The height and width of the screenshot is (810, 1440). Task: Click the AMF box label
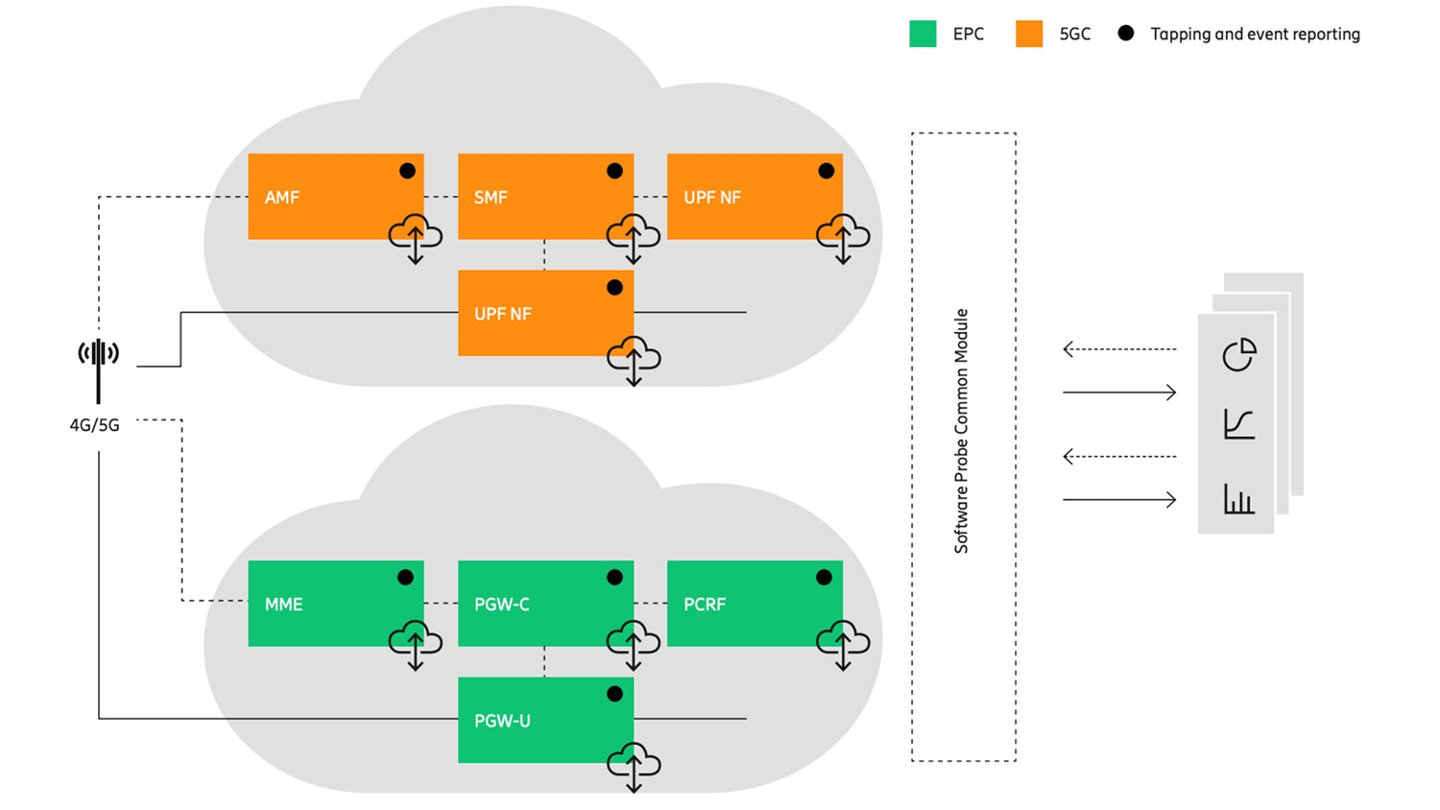tap(282, 198)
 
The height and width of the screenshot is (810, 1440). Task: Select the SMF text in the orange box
tap(491, 198)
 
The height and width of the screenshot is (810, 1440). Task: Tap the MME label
tap(283, 605)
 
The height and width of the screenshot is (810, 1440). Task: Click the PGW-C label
tap(502, 605)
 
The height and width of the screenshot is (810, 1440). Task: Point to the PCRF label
tap(705, 605)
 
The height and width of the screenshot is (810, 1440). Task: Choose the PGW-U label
tap(502, 721)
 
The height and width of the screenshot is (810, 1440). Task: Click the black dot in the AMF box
tap(407, 171)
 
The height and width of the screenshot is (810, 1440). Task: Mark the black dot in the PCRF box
tap(824, 578)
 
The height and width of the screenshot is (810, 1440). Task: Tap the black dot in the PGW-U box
tap(614, 694)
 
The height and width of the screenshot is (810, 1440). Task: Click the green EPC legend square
tap(923, 35)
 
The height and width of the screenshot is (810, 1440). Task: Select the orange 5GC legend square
tap(1029, 35)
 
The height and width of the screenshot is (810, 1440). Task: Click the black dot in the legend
tap(1126, 34)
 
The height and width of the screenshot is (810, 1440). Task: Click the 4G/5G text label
tap(94, 425)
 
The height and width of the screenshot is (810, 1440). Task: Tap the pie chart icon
tap(1238, 354)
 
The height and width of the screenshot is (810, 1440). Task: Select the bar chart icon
tap(1238, 499)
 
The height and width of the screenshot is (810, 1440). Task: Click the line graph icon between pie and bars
tap(1238, 424)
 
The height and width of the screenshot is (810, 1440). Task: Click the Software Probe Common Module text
tap(961, 431)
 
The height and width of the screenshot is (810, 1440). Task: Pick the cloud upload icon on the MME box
tap(415, 643)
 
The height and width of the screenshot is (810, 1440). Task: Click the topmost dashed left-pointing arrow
tap(1119, 349)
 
